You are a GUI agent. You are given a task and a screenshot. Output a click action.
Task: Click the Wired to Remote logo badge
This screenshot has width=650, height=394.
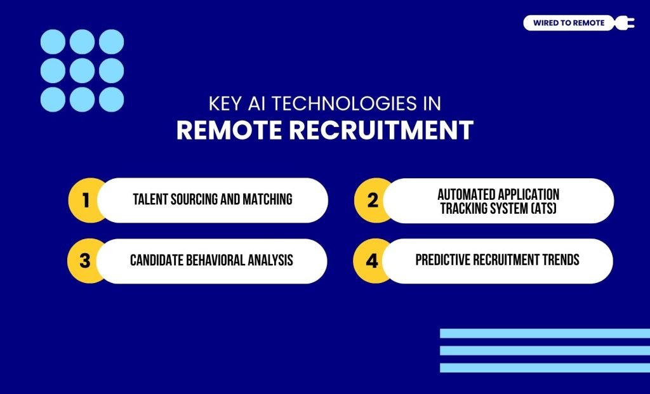(569, 23)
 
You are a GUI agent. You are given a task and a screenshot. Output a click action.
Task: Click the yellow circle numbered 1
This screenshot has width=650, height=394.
(86, 200)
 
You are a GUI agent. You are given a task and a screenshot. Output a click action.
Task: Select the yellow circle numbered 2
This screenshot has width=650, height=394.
(373, 200)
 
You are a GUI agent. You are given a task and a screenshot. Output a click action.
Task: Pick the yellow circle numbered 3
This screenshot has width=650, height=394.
(86, 261)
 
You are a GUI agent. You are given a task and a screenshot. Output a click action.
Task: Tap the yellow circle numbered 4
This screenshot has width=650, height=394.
(372, 261)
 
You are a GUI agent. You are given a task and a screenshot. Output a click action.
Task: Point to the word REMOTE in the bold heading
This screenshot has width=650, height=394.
(229, 130)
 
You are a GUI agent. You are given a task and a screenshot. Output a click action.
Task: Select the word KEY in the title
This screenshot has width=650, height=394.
(223, 103)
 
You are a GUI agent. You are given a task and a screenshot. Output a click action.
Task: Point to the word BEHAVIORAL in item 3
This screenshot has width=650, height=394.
(216, 261)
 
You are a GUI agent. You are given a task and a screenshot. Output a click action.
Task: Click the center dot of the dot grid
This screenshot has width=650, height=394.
(82, 70)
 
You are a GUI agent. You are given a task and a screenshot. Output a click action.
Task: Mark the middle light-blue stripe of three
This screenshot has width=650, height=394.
(545, 350)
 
